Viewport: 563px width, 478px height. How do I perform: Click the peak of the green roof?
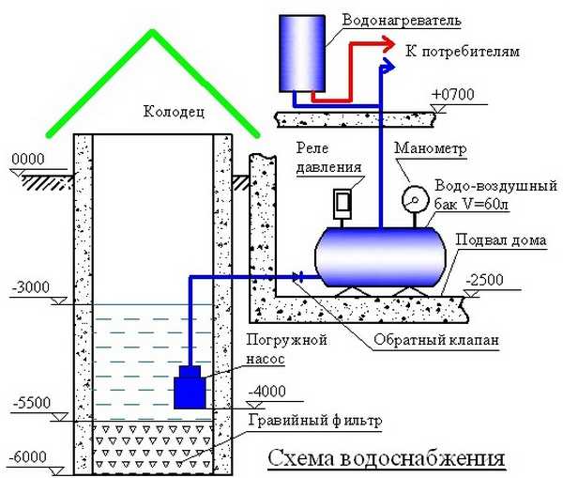click(x=150, y=31)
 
